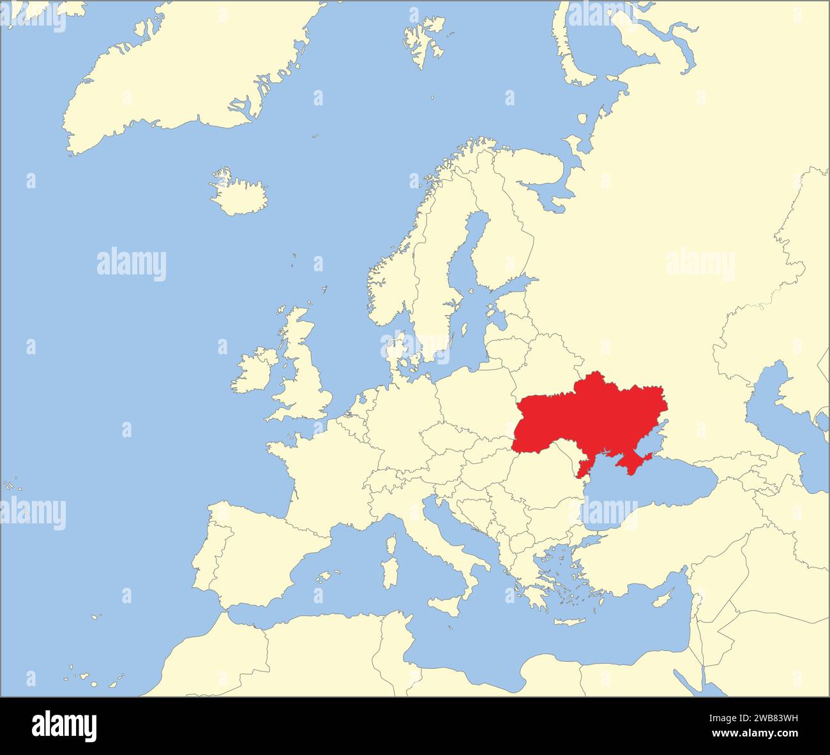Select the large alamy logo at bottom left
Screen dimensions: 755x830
[64, 726]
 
